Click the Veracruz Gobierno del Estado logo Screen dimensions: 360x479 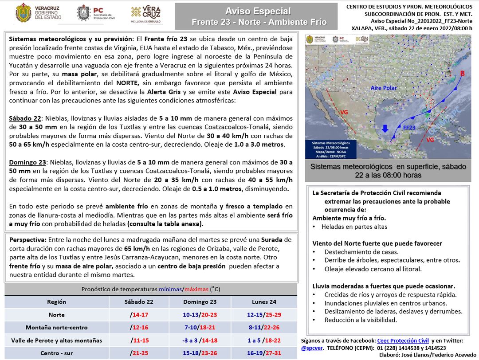click(x=32, y=13)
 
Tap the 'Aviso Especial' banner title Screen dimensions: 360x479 click(x=258, y=11)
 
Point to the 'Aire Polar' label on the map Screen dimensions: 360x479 click(x=384, y=88)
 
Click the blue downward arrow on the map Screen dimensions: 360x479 click(x=385, y=129)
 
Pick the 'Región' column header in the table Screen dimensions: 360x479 click(x=56, y=302)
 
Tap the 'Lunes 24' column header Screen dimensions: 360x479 click(x=264, y=302)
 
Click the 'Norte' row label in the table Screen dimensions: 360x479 click(x=56, y=315)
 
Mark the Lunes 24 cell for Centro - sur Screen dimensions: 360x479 click(x=264, y=353)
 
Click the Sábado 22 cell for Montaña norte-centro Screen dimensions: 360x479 click(x=139, y=328)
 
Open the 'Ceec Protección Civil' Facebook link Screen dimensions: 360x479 click(x=403, y=340)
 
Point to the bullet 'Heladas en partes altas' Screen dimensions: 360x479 click(x=354, y=227)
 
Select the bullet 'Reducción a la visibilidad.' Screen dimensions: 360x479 click(x=361, y=320)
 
